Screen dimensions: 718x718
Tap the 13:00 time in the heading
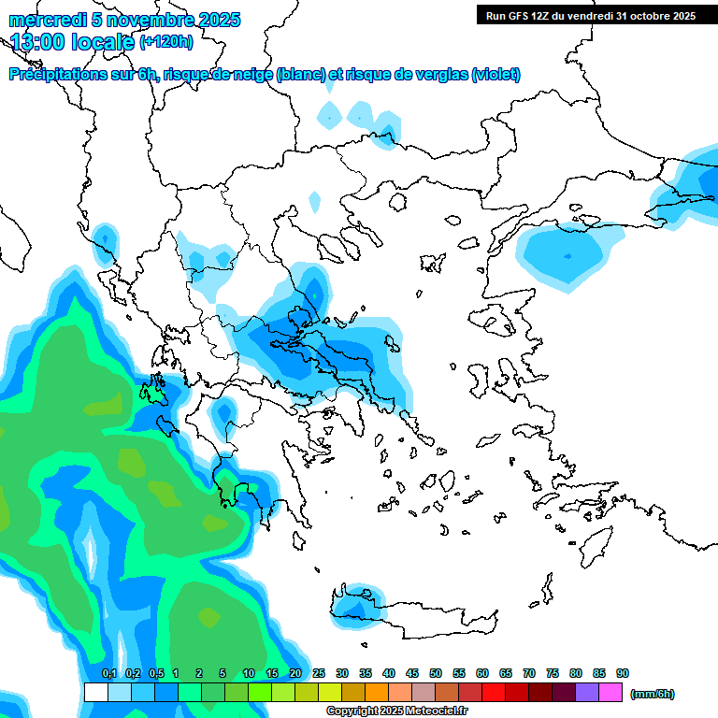[42, 41]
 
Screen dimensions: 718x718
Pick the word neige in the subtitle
[253, 75]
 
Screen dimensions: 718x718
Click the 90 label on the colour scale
[623, 673]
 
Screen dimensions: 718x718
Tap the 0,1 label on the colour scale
[109, 673]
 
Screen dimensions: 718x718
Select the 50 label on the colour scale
[436, 673]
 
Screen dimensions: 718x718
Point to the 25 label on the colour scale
[319, 673]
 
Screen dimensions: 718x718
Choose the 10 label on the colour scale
[249, 673]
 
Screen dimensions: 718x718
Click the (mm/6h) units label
[653, 694]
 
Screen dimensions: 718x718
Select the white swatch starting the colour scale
[96, 692]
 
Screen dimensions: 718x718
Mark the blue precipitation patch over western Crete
[353, 606]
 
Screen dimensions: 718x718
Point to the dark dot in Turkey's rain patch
[567, 256]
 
